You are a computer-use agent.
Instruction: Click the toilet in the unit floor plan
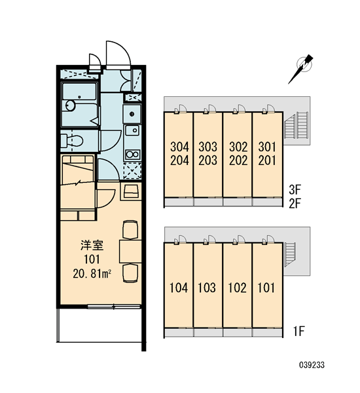(x=72, y=141)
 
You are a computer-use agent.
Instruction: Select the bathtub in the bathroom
(x=79, y=91)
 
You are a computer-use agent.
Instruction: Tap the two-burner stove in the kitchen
(x=132, y=154)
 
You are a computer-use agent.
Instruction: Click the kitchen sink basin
(x=133, y=130)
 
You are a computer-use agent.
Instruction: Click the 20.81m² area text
(x=92, y=274)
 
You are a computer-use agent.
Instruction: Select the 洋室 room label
(x=92, y=245)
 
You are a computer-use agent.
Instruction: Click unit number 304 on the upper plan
(x=179, y=147)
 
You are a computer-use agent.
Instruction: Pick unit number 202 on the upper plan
(x=238, y=160)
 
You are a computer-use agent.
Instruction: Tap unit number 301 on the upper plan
(x=267, y=147)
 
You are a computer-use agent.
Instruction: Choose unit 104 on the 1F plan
(x=179, y=288)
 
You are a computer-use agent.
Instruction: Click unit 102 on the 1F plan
(x=237, y=288)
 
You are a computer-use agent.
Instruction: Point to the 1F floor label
(x=299, y=331)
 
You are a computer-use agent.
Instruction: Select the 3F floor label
(x=295, y=190)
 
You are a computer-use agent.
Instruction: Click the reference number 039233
(x=312, y=365)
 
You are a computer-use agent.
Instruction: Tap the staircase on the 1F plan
(x=290, y=254)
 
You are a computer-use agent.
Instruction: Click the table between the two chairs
(x=130, y=251)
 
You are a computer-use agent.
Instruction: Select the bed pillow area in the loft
(x=78, y=159)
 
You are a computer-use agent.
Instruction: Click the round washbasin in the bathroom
(x=71, y=105)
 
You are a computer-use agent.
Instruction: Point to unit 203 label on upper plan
(x=208, y=160)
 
